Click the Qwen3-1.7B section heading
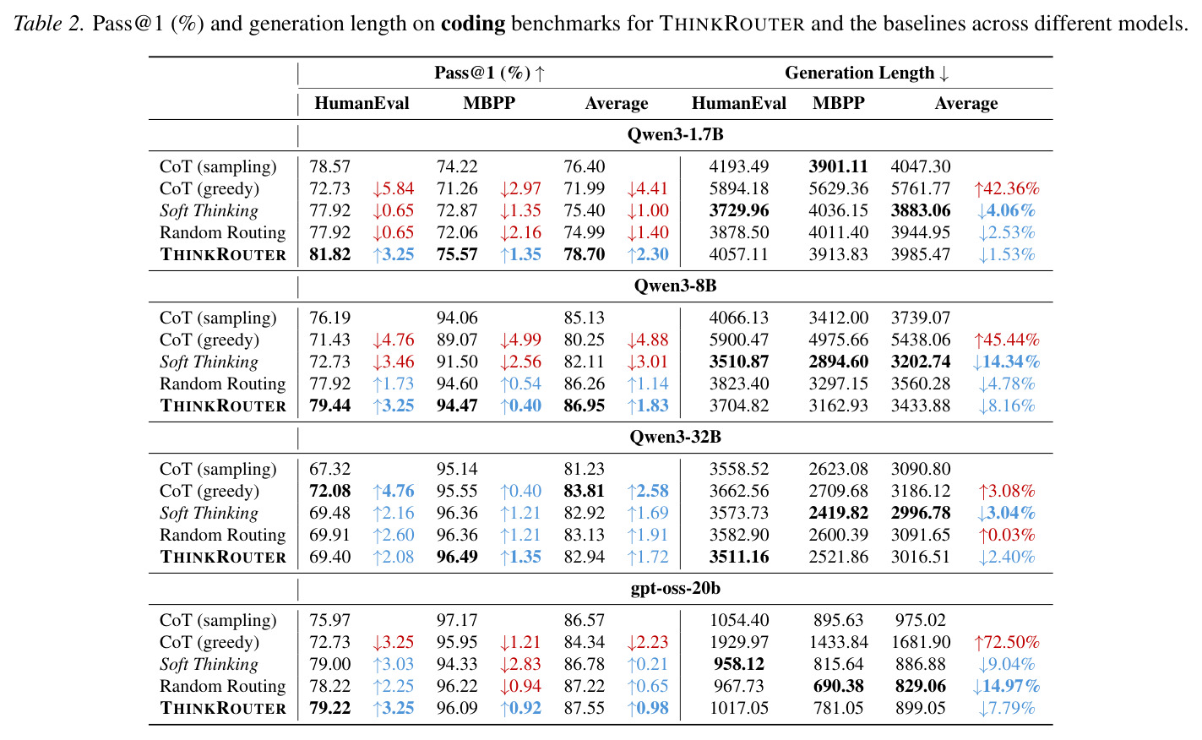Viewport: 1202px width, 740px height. [675, 134]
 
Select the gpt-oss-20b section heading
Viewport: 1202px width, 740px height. [675, 588]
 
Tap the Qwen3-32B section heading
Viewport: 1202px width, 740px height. [675, 437]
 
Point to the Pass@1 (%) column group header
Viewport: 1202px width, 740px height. [489, 73]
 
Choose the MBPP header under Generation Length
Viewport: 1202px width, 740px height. [838, 103]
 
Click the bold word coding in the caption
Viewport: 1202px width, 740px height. [473, 24]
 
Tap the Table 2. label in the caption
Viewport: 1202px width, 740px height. [49, 24]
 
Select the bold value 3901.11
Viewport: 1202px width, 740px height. [838, 166]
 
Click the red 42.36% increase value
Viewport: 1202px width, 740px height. [1007, 188]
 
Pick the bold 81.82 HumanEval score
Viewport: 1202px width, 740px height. [329, 254]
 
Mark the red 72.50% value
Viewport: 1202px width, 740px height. [1007, 642]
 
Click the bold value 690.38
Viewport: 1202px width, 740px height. [838, 686]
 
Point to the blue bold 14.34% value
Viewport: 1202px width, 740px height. [1007, 362]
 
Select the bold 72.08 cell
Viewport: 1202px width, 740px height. [329, 491]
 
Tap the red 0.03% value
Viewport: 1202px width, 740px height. [1007, 535]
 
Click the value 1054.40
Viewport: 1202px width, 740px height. [739, 620]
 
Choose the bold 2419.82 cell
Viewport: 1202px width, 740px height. [838, 513]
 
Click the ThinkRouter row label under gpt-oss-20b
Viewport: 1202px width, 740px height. [223, 709]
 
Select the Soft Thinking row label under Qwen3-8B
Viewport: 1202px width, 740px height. [209, 362]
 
